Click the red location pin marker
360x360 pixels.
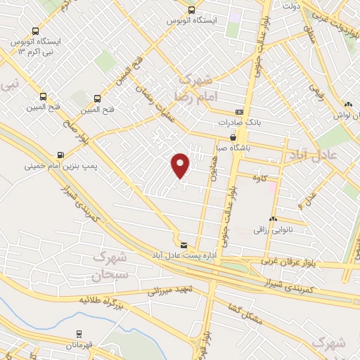pos(181,165)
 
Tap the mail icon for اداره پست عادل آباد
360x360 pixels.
pos(184,245)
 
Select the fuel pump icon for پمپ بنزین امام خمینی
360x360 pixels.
pos(61,155)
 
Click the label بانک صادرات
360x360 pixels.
pos(254,122)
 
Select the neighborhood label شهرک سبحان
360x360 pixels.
pos(110,265)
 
